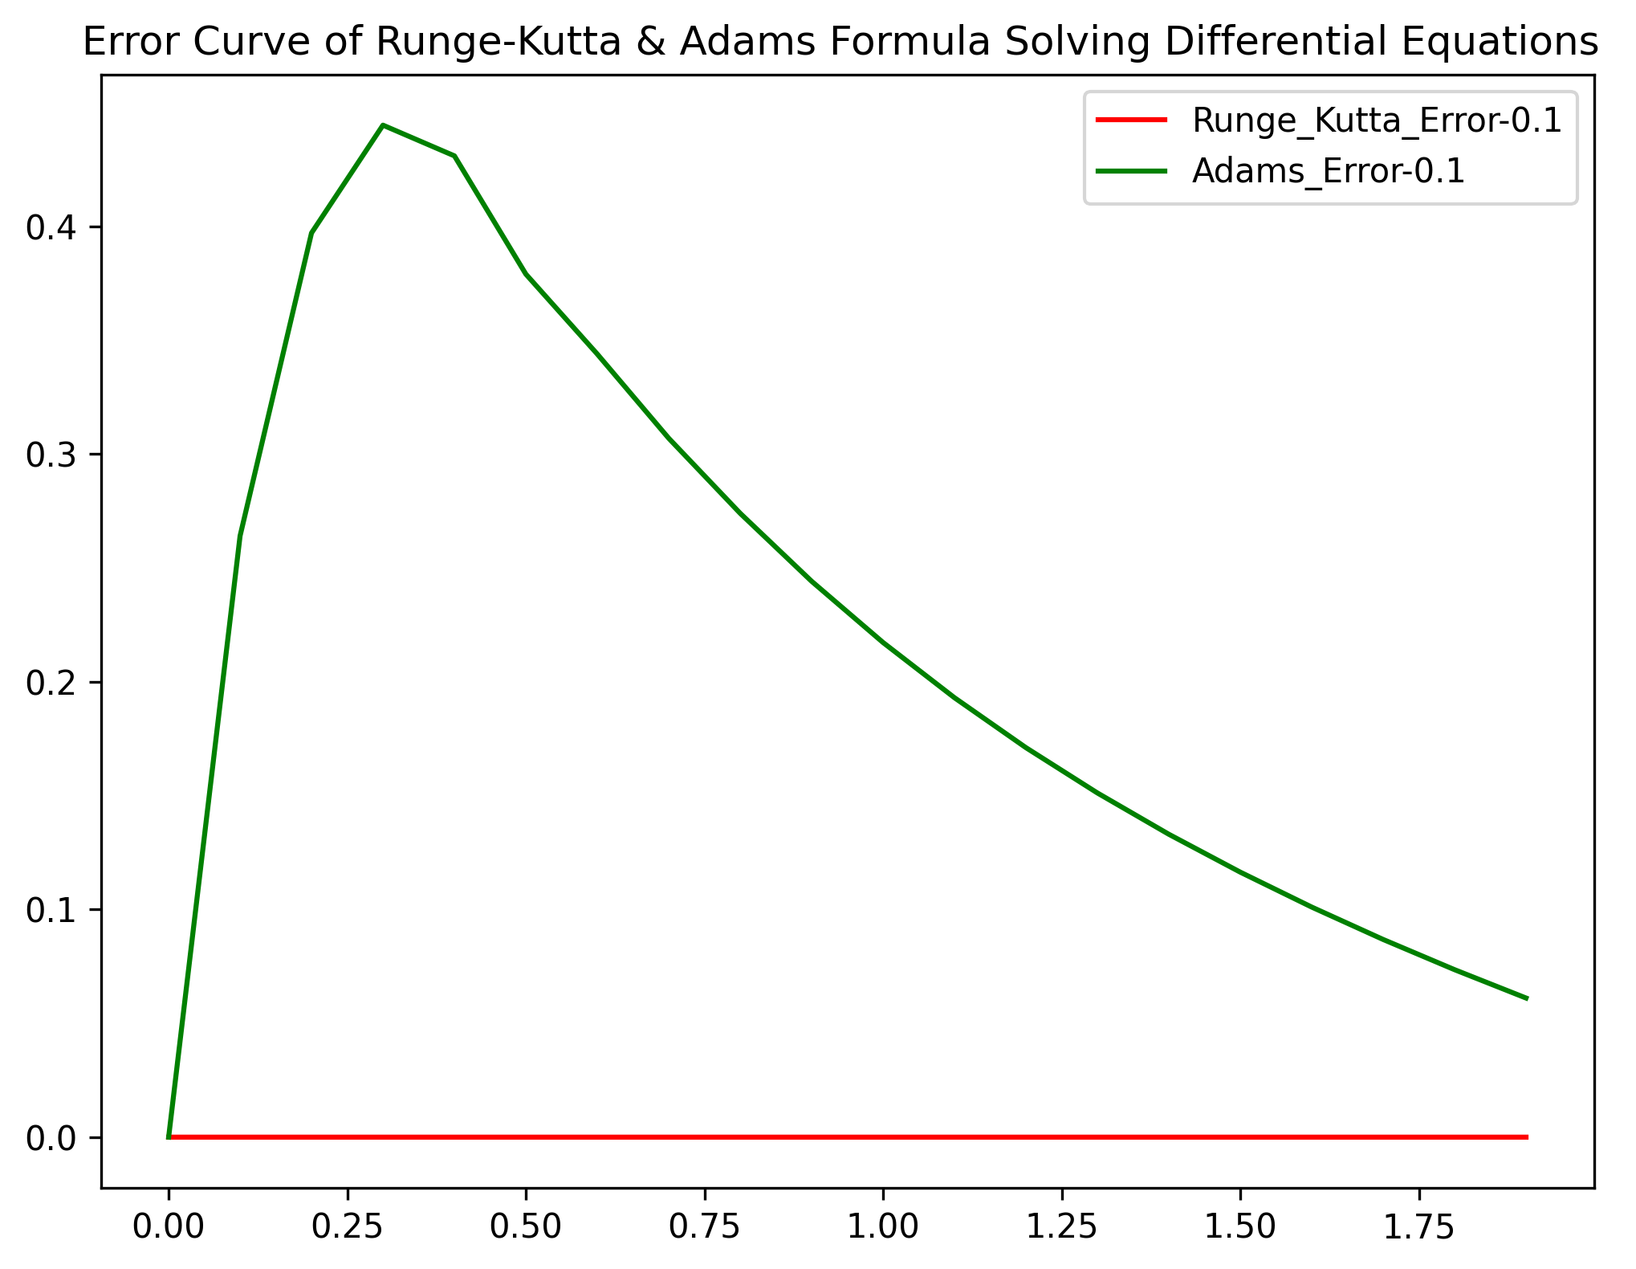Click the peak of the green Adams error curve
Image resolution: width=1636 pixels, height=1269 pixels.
point(383,125)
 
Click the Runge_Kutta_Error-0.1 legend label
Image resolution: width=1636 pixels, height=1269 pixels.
point(1377,120)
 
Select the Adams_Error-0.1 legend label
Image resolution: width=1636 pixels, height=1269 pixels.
point(1329,171)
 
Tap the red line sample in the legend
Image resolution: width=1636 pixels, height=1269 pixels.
point(1131,120)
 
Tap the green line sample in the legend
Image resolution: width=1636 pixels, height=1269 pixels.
point(1131,171)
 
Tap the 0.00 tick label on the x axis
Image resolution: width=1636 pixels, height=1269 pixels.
point(169,1226)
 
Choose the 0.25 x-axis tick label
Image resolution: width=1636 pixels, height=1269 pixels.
point(347,1226)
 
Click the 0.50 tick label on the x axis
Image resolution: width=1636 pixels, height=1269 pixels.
point(526,1226)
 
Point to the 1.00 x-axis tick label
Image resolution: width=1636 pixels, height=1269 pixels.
point(883,1226)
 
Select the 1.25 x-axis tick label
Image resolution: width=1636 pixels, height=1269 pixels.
point(1061,1226)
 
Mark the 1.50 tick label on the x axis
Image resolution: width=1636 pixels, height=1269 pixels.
point(1240,1226)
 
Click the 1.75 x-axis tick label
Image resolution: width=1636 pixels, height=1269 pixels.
point(1419,1226)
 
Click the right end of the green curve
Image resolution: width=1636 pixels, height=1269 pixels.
point(1526,998)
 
